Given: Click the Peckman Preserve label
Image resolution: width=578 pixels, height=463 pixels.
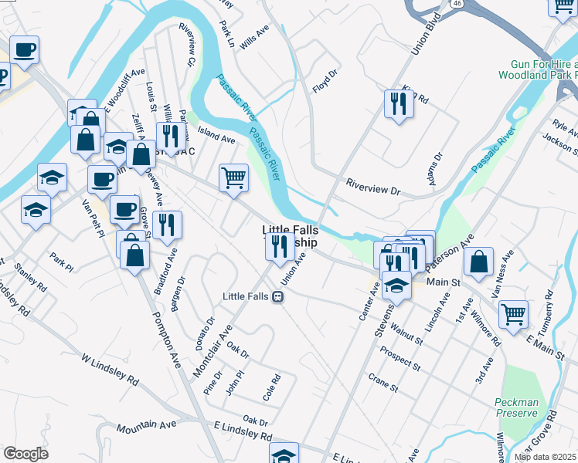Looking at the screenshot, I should point(516,407).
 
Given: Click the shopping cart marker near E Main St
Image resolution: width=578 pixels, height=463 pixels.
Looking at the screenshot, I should point(513,315).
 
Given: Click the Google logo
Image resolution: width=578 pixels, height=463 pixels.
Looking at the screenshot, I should point(25,453).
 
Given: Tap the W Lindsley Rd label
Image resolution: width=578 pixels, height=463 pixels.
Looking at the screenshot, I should point(110,370).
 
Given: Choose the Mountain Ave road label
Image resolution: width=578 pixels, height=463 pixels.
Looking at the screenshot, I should point(147,425).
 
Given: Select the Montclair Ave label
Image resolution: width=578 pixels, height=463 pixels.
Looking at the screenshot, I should point(212,350).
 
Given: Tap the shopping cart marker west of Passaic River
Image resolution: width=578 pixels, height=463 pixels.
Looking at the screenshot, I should point(233,177).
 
